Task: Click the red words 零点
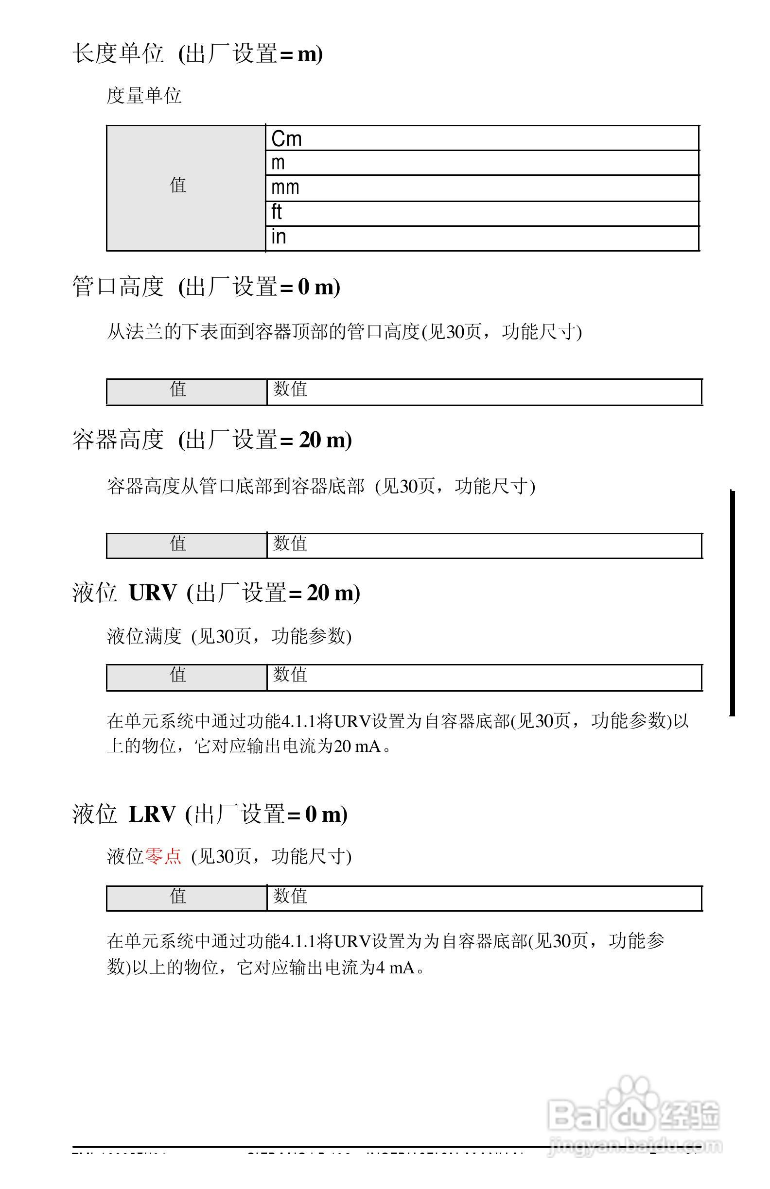[x=163, y=856]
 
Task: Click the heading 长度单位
[x=118, y=53]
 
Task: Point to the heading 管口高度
[x=118, y=287]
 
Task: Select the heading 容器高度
[x=118, y=440]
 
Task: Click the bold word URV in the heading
[x=153, y=593]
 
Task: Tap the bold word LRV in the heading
[x=152, y=814]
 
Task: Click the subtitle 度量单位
[x=144, y=95]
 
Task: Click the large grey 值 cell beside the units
[x=186, y=188]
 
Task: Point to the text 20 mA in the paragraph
[x=357, y=747]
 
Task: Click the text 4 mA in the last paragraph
[x=395, y=968]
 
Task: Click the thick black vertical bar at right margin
[x=733, y=602]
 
